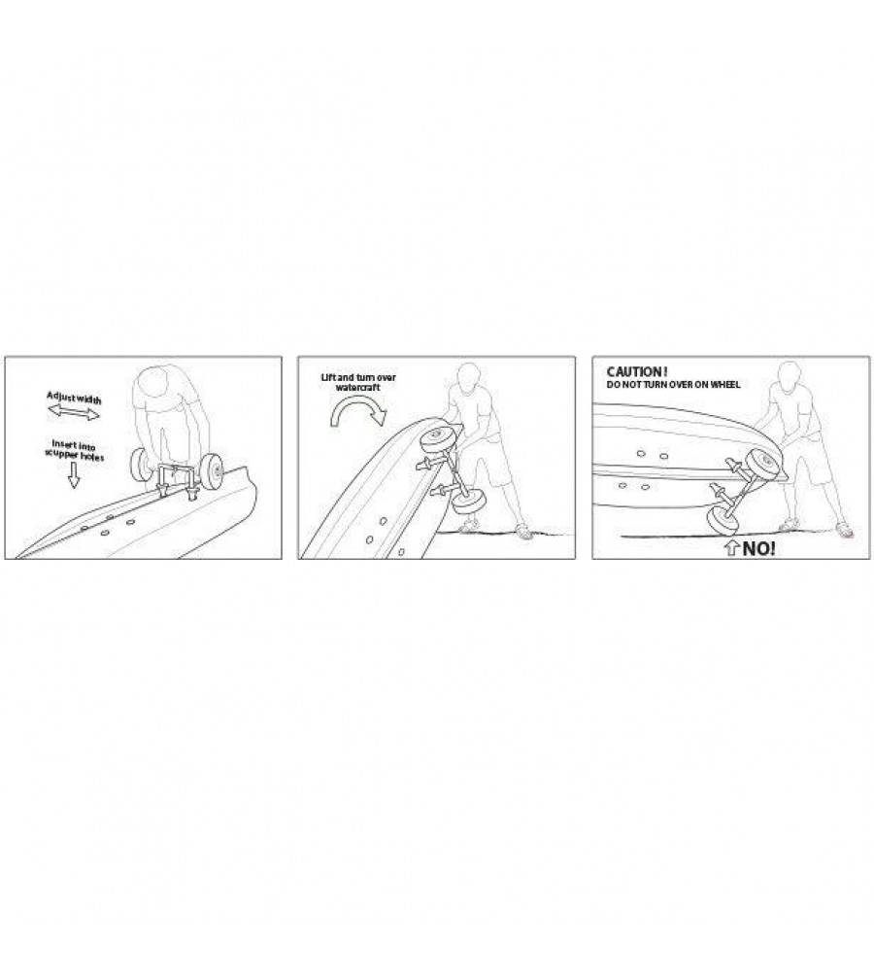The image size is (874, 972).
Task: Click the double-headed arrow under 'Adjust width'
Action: click(73, 411)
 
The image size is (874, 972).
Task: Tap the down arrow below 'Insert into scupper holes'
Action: click(74, 475)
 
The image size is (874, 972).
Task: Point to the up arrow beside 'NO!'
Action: click(732, 548)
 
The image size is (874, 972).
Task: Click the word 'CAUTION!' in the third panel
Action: click(637, 372)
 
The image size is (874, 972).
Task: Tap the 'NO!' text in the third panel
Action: click(758, 548)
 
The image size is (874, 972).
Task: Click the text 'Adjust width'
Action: click(74, 398)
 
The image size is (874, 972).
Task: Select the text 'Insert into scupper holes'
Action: click(74, 451)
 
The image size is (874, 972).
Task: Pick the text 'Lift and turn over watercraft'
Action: click(358, 382)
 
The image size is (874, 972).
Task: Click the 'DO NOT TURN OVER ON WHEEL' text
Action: click(673, 385)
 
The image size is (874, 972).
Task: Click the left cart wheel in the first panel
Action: click(143, 466)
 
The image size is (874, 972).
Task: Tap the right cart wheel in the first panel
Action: click(213, 469)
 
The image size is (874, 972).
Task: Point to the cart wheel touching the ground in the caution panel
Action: click(723, 521)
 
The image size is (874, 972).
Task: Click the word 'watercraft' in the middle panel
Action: click(358, 388)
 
